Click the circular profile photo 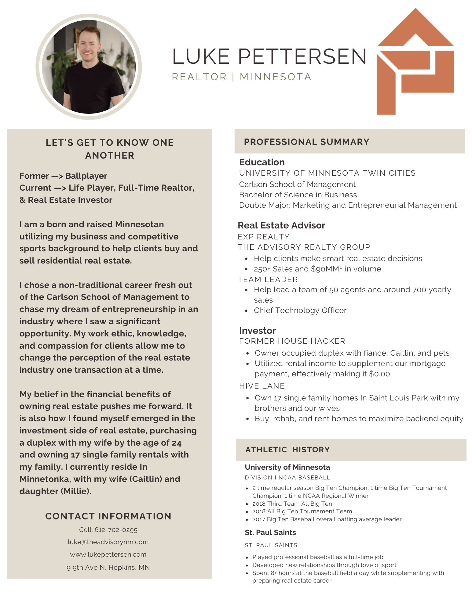(x=89, y=67)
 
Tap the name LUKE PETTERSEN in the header (x=269, y=56)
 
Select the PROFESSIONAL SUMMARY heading (x=306, y=142)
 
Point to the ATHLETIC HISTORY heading (x=287, y=450)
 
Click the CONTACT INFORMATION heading (x=108, y=516)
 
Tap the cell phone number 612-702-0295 (x=116, y=530)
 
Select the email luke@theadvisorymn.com (x=108, y=542)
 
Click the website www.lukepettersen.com (x=108, y=554)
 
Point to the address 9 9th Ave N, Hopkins (x=108, y=568)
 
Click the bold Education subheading (x=262, y=162)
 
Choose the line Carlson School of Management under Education (x=297, y=184)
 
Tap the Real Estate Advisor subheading (x=281, y=225)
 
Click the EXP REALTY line (x=263, y=237)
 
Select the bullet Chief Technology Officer (x=300, y=310)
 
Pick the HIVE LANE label (x=262, y=386)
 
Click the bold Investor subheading (x=257, y=331)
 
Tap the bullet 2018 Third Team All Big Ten (x=292, y=504)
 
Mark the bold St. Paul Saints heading (x=270, y=533)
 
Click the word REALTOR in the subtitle (x=199, y=77)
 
